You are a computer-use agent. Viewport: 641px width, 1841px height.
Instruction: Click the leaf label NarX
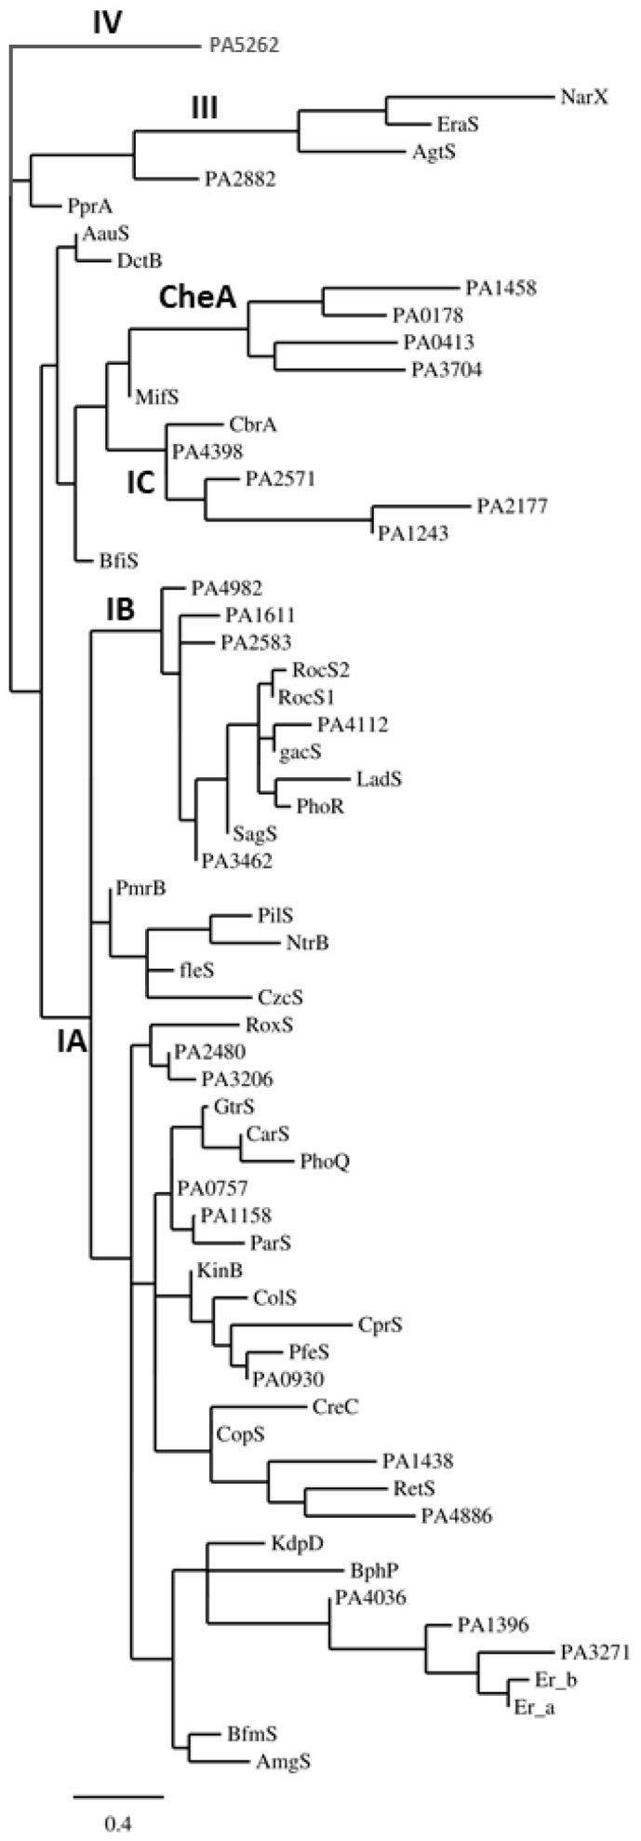click(x=585, y=96)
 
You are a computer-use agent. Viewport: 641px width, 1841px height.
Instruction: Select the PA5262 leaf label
click(x=239, y=44)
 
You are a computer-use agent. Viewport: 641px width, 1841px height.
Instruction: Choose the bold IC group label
click(x=142, y=480)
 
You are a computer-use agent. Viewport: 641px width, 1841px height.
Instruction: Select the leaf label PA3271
click(x=596, y=1652)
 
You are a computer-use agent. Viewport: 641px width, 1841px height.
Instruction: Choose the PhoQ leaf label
click(x=325, y=1161)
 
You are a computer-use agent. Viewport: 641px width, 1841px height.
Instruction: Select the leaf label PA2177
click(x=513, y=506)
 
